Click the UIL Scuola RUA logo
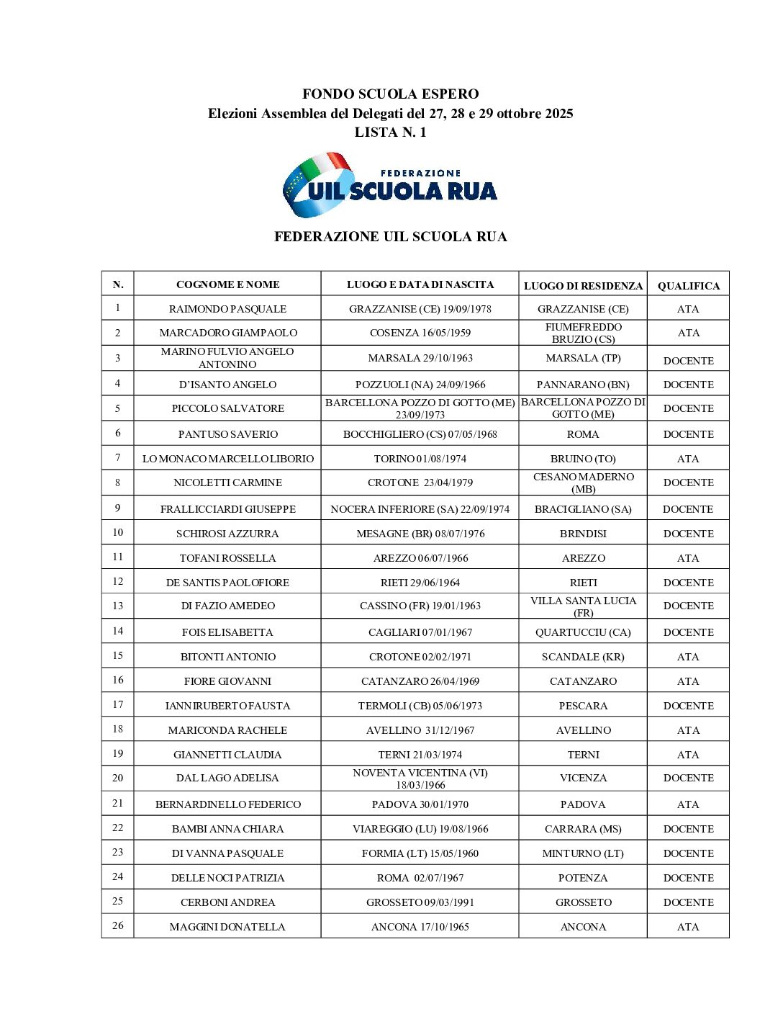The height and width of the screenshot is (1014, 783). point(390,185)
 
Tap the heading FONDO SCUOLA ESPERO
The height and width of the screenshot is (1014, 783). point(390,94)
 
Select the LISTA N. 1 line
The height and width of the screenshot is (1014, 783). point(390,133)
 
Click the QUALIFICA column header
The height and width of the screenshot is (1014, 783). point(688,286)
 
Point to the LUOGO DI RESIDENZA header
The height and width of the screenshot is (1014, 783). point(583,286)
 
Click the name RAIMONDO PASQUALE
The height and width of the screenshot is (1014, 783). point(227,309)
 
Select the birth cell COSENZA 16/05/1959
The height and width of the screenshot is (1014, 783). point(420,333)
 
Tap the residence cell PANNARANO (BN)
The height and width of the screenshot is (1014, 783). point(583,385)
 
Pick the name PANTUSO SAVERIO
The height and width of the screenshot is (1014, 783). point(227,434)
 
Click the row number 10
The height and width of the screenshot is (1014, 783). point(117,533)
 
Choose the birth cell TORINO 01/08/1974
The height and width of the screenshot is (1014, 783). point(420,459)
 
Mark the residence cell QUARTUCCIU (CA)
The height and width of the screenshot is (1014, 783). point(583,632)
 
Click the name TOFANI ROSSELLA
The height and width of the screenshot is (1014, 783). point(227,558)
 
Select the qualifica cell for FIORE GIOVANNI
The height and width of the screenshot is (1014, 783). point(688,681)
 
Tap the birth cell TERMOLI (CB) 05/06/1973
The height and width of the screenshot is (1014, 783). point(420,706)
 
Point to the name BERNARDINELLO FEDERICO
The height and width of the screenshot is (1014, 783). point(227,804)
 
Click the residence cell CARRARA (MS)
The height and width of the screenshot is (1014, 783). point(583,829)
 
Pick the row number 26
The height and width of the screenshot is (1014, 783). point(117,926)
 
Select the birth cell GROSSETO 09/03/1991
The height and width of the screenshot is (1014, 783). point(420,902)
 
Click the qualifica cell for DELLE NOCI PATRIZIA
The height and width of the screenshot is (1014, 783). point(688,878)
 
